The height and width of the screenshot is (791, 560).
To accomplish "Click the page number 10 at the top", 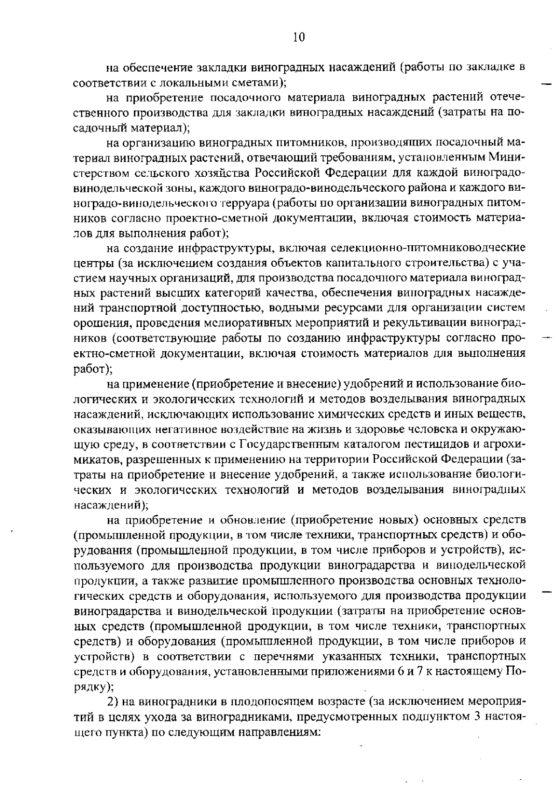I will point(299,37).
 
